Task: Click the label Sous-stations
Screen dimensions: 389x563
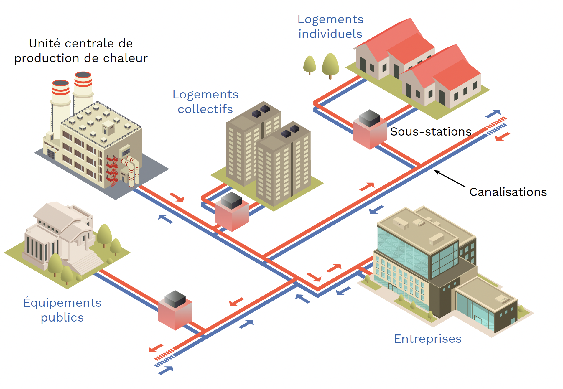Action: tap(431, 132)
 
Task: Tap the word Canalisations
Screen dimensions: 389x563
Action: tap(508, 192)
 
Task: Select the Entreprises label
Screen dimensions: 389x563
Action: tap(428, 339)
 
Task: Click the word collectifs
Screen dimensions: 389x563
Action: tap(205, 109)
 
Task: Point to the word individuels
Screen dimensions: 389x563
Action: tap(330, 34)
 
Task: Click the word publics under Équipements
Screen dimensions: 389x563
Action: tap(62, 318)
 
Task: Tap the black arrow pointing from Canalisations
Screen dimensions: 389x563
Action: tap(450, 179)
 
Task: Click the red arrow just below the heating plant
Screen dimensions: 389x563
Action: tap(177, 197)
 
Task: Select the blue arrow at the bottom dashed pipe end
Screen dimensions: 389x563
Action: tap(166, 370)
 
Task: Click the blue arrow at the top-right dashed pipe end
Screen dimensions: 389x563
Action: tap(493, 113)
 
